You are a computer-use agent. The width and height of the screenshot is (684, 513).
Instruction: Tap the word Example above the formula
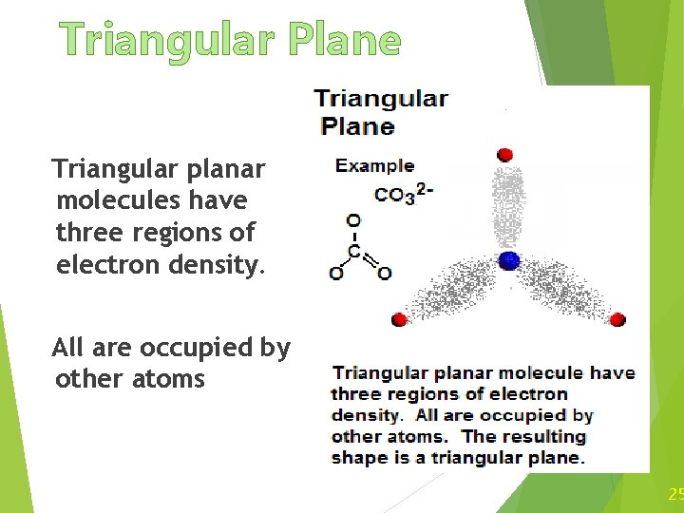tap(374, 165)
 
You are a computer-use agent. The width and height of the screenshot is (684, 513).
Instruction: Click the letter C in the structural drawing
tap(353, 252)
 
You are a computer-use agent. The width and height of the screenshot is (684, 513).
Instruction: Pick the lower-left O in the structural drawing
tap(336, 274)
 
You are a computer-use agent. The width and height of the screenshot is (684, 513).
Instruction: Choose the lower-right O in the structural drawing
tap(384, 274)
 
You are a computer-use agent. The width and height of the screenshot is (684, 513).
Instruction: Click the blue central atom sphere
tap(510, 260)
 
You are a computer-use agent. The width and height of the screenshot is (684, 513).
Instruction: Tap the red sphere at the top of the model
tap(504, 154)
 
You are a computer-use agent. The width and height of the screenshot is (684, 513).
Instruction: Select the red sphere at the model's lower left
tap(400, 319)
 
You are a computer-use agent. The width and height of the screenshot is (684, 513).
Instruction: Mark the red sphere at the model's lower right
tap(617, 319)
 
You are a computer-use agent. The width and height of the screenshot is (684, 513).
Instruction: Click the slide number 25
tap(675, 493)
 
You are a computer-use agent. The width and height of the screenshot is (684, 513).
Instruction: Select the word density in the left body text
tap(204, 264)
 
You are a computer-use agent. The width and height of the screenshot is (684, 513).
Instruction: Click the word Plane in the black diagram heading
tap(357, 125)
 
